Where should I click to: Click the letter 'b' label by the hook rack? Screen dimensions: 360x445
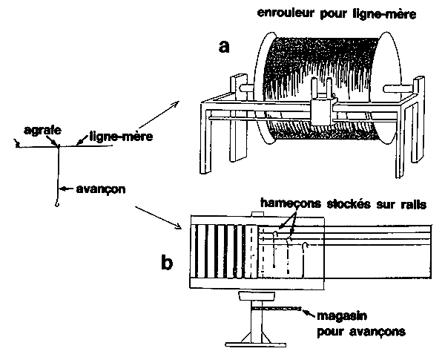pos(168,262)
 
